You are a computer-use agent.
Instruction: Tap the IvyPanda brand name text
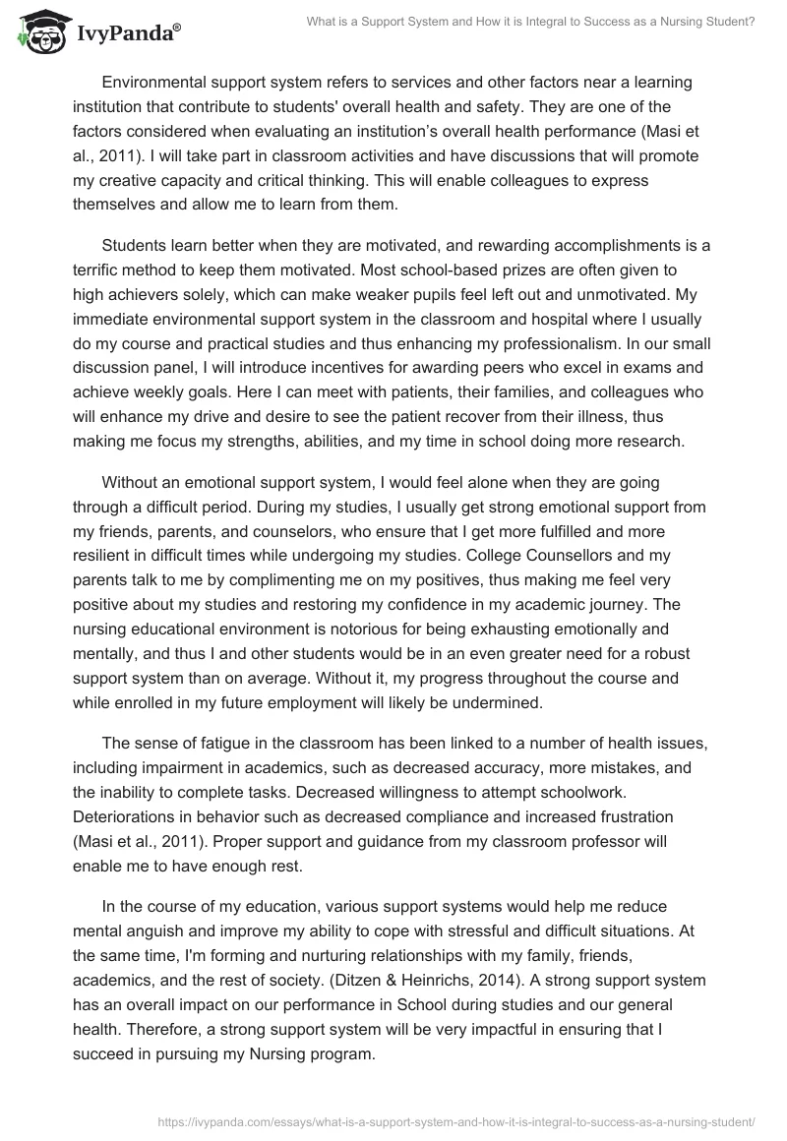(126, 32)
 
